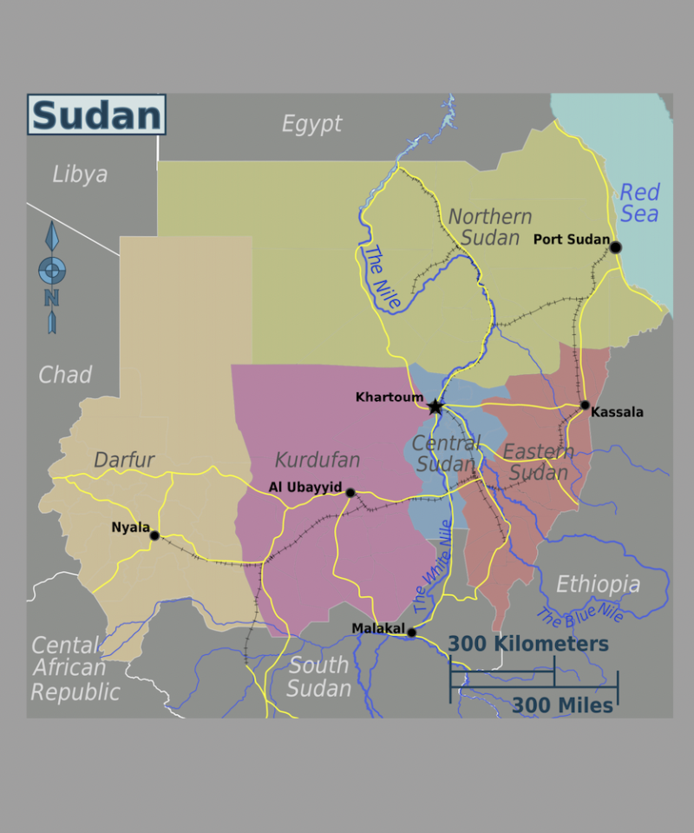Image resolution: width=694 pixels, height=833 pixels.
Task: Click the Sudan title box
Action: (x=96, y=115)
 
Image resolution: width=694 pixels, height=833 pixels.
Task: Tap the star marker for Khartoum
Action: (x=435, y=406)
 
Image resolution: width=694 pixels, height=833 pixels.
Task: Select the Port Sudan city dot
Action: (x=616, y=247)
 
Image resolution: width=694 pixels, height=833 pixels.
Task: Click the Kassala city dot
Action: (x=585, y=405)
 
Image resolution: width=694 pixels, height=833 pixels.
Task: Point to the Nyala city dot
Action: (x=154, y=535)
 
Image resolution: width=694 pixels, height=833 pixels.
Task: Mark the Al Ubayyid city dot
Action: (x=350, y=492)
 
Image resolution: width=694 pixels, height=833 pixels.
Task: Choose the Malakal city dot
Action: (x=411, y=632)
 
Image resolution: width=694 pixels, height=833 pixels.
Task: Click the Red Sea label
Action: (x=640, y=203)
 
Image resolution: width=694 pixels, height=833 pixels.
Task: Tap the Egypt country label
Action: (x=311, y=124)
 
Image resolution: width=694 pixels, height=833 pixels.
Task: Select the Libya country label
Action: (x=80, y=174)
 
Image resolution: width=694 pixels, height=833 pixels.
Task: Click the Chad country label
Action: (x=65, y=375)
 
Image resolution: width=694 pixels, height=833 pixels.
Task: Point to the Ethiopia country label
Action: (x=598, y=584)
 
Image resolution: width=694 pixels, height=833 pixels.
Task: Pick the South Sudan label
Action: (x=319, y=678)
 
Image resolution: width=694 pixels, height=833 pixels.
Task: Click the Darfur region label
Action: (x=124, y=460)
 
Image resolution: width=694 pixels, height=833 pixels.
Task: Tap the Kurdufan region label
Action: (x=318, y=460)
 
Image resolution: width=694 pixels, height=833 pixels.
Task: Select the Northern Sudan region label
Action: (x=490, y=226)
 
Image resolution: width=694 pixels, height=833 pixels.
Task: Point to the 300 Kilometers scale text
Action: (x=528, y=644)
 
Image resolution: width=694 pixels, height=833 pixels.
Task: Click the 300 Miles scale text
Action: (x=562, y=705)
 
